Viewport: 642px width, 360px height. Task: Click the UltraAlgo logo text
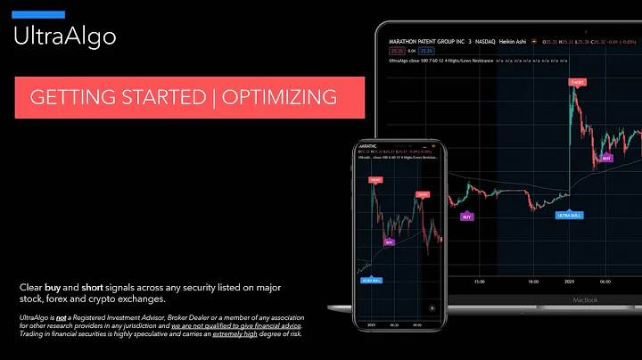63,37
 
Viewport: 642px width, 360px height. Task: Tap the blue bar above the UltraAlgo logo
38,14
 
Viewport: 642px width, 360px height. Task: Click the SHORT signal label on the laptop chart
578,82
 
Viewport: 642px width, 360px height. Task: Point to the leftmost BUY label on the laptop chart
466,217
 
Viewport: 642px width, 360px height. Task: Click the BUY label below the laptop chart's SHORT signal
606,158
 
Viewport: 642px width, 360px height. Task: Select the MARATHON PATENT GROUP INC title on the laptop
427,42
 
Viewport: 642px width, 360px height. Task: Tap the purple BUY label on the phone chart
389,241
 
